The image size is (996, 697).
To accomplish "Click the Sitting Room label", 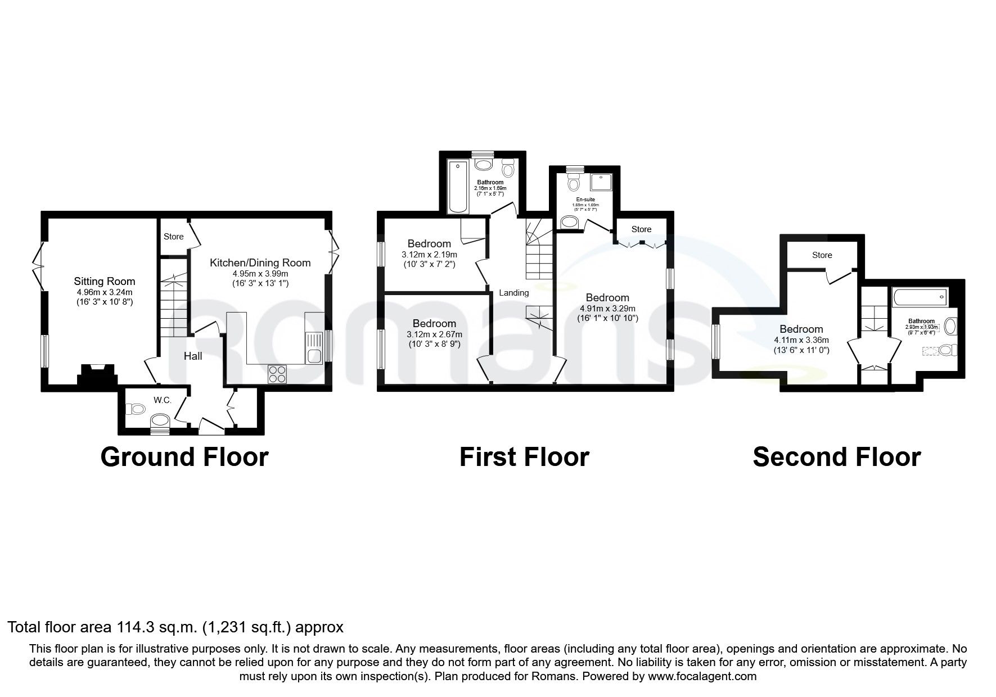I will [105, 281].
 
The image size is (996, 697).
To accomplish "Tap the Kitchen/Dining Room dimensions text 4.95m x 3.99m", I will [260, 274].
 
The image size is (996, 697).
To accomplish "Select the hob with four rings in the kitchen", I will [277, 374].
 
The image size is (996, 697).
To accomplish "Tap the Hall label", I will [193, 356].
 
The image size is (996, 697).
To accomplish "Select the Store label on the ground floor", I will [173, 237].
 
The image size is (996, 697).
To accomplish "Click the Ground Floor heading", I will [184, 457].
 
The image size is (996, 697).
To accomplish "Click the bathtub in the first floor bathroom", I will [456, 186].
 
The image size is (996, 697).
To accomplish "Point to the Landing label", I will [513, 292].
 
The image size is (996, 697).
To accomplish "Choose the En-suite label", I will [585, 200].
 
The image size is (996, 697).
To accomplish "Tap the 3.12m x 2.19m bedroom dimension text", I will [429, 255].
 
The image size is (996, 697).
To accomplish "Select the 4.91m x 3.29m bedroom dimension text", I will [607, 309].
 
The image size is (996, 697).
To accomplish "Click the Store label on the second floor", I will [822, 255].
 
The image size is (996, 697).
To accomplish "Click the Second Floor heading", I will [836, 457].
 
